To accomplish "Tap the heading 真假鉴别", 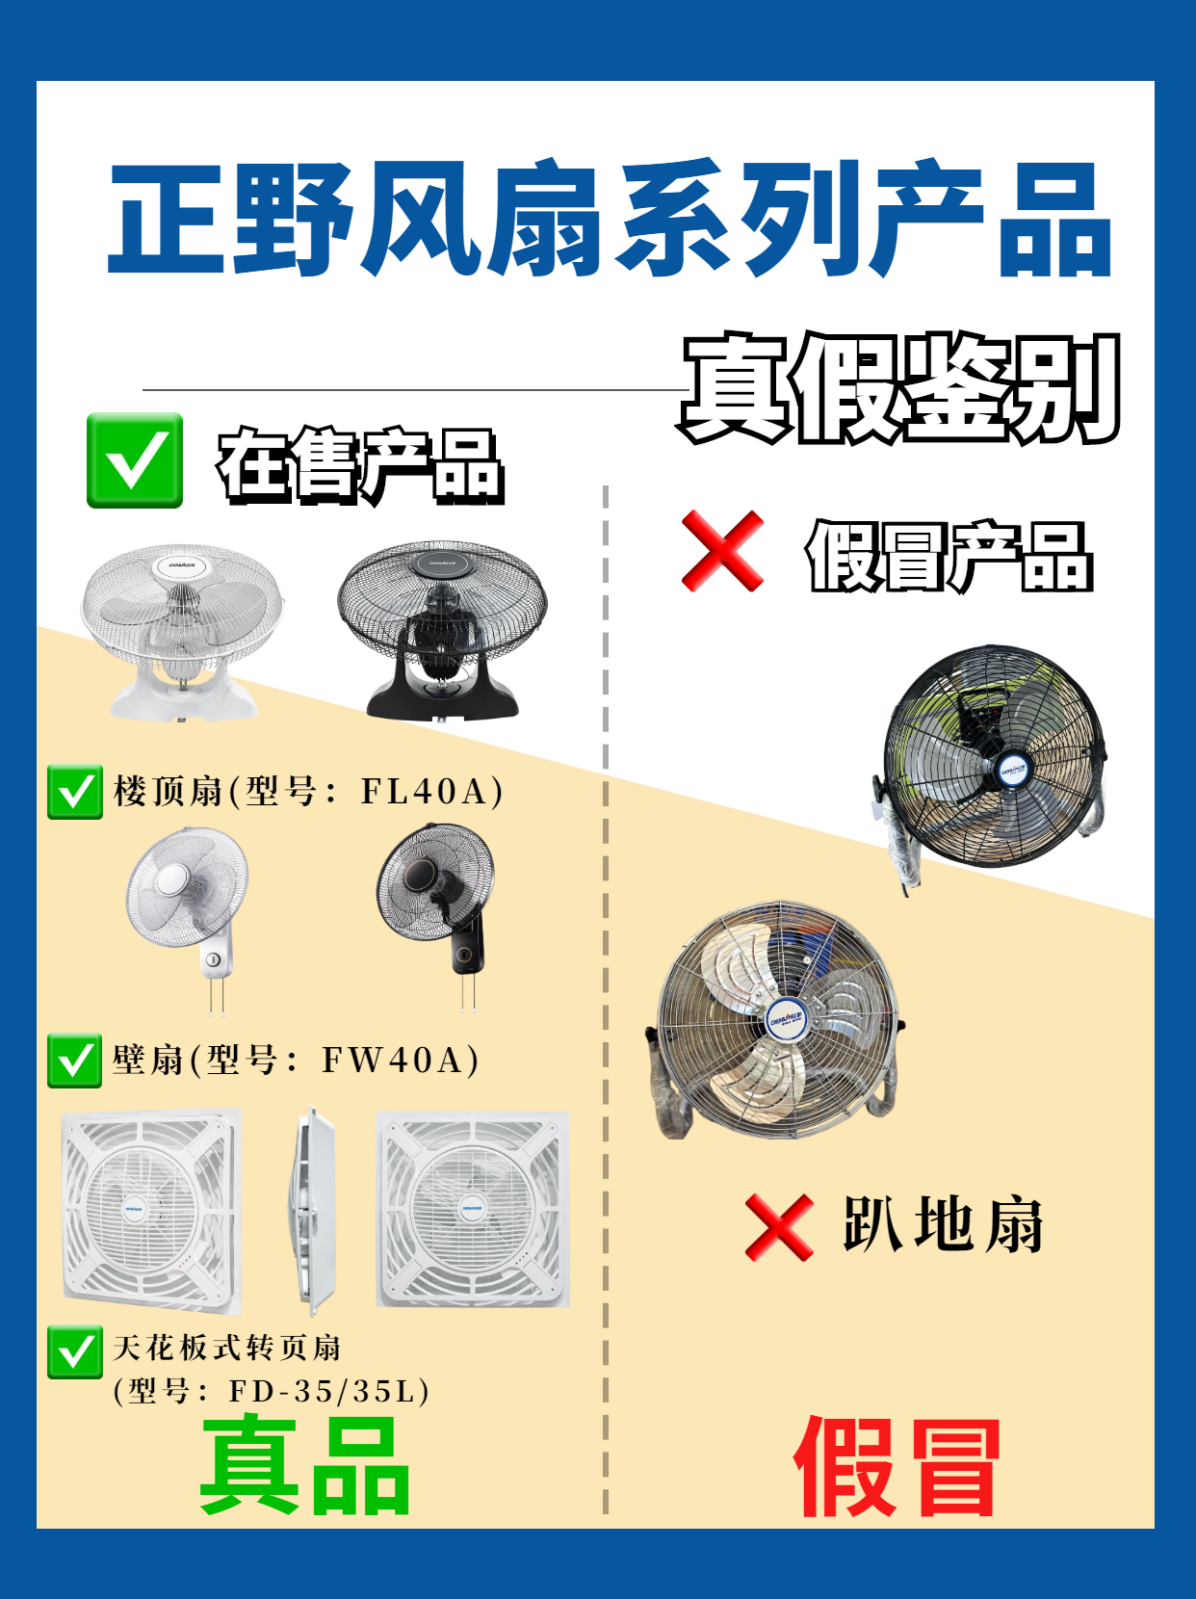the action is (x=899, y=387).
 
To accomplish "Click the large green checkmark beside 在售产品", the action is (x=135, y=460).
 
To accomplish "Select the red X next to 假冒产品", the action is (x=722, y=551).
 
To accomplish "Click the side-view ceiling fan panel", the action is (x=315, y=1211).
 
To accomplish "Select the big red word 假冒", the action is (x=897, y=1467).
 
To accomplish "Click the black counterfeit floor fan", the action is (x=990, y=765).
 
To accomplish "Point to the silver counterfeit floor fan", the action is (x=774, y=1021).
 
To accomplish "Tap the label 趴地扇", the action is (x=944, y=1226).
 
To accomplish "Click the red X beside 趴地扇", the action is (x=779, y=1227).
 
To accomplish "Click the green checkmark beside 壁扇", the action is (x=74, y=1061).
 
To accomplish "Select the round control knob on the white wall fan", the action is (x=213, y=960).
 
